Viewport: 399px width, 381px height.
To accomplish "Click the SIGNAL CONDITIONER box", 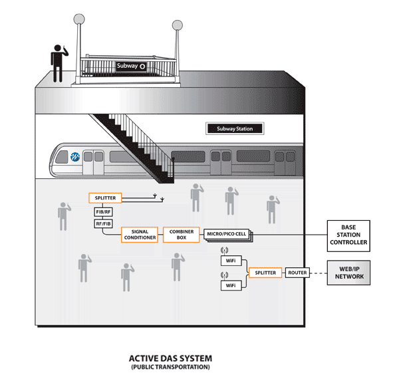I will (140, 234).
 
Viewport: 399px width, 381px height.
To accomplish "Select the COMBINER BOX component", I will (181, 234).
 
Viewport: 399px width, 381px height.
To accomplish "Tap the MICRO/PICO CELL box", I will (226, 234).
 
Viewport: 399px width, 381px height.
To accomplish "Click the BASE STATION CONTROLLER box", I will (348, 235).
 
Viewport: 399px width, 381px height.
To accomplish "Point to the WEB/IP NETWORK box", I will (348, 273).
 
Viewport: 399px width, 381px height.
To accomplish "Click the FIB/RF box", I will (104, 212).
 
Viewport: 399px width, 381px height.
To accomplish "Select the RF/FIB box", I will (104, 224).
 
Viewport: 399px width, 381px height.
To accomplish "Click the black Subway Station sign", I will (234, 129).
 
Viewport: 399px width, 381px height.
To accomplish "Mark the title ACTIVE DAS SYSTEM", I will (170, 358).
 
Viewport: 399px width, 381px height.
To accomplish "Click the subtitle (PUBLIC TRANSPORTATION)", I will (170, 367).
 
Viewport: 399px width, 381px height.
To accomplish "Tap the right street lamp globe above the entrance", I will (177, 26).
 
